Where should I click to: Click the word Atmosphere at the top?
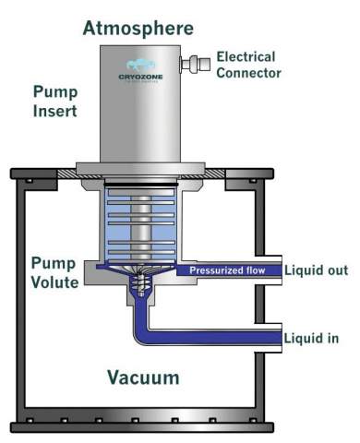pos(138,27)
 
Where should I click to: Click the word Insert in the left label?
pos(54,112)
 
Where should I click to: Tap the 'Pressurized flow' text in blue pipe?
pos(227,270)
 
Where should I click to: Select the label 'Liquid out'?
pos(317,270)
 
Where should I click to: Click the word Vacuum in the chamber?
pos(142,377)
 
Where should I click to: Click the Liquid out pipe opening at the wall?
pos(279,270)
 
